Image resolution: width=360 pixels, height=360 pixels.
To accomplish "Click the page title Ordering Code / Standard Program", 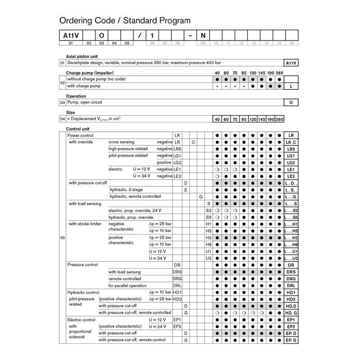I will point(125,21).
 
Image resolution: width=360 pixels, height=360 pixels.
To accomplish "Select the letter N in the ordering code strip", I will point(203,35).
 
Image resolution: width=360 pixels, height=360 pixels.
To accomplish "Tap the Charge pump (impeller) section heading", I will point(90,72).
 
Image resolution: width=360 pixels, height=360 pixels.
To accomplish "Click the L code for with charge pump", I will point(291,85).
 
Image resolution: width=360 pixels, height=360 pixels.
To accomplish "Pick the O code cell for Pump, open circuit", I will point(291,103).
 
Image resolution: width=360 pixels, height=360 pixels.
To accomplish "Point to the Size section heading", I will point(71,112).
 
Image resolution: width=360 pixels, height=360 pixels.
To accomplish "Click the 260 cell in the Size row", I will point(279,119).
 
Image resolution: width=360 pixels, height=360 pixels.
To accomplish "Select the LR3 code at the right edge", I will point(291,149).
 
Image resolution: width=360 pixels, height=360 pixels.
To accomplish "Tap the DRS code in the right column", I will point(291,272).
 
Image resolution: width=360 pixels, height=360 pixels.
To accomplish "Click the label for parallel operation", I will point(127,285).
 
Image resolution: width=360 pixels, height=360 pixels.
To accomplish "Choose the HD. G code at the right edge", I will point(291,313).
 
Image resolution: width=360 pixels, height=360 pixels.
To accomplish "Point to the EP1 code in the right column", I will point(291,319).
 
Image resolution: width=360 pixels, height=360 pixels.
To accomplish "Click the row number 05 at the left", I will point(63,238).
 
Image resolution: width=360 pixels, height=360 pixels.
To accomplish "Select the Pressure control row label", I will point(82,265).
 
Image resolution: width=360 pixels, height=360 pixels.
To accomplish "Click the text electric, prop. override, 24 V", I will point(135,210).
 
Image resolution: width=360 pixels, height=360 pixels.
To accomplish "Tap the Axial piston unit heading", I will point(83,56).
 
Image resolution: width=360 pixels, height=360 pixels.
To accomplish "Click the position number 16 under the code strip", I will point(292,43).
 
